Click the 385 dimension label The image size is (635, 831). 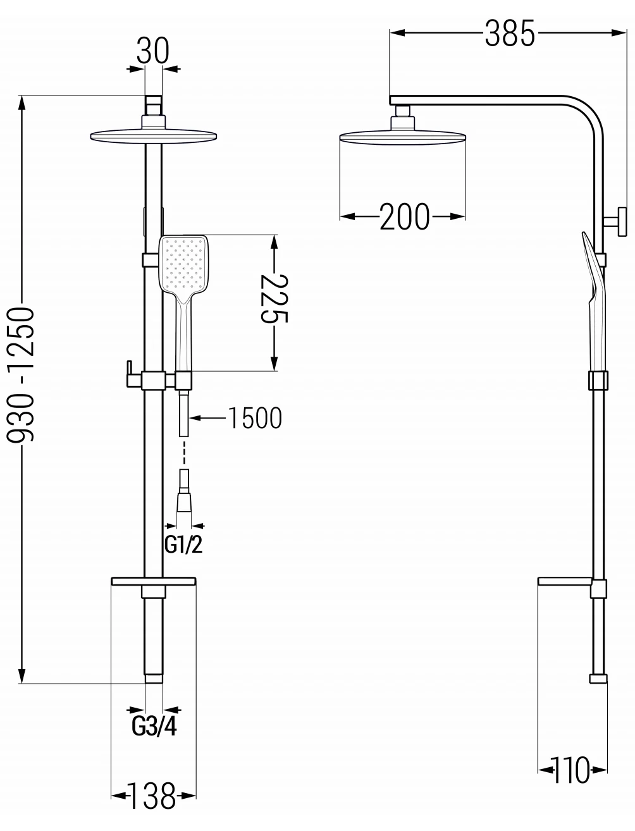point(510,34)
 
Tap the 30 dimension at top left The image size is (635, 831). point(153,51)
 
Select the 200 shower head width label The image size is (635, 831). point(404,216)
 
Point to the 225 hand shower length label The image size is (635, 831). point(274,299)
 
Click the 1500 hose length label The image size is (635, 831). point(255,418)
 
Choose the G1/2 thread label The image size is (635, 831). point(183,545)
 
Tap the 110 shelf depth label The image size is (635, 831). point(571,770)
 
